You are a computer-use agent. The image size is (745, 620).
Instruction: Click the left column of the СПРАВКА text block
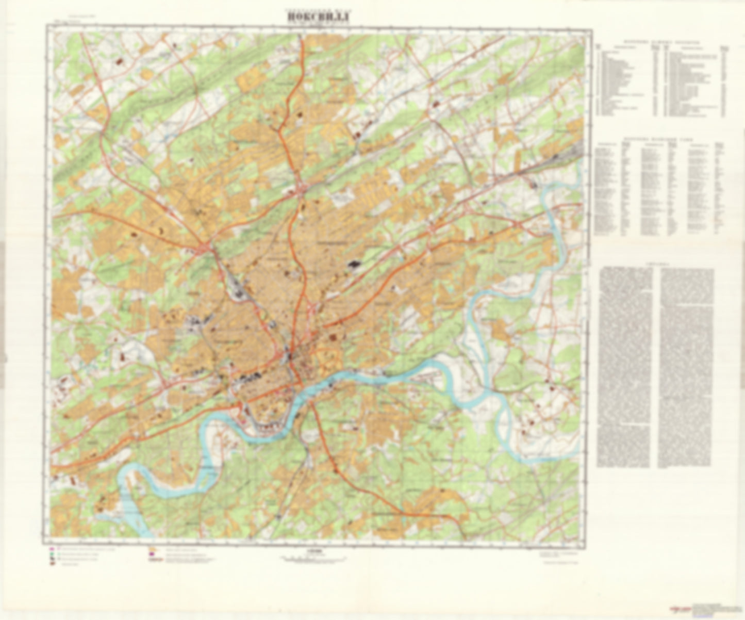[626, 366]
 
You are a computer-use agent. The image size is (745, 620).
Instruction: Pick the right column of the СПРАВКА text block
[687, 366]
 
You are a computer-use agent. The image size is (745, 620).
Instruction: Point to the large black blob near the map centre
[353, 264]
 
